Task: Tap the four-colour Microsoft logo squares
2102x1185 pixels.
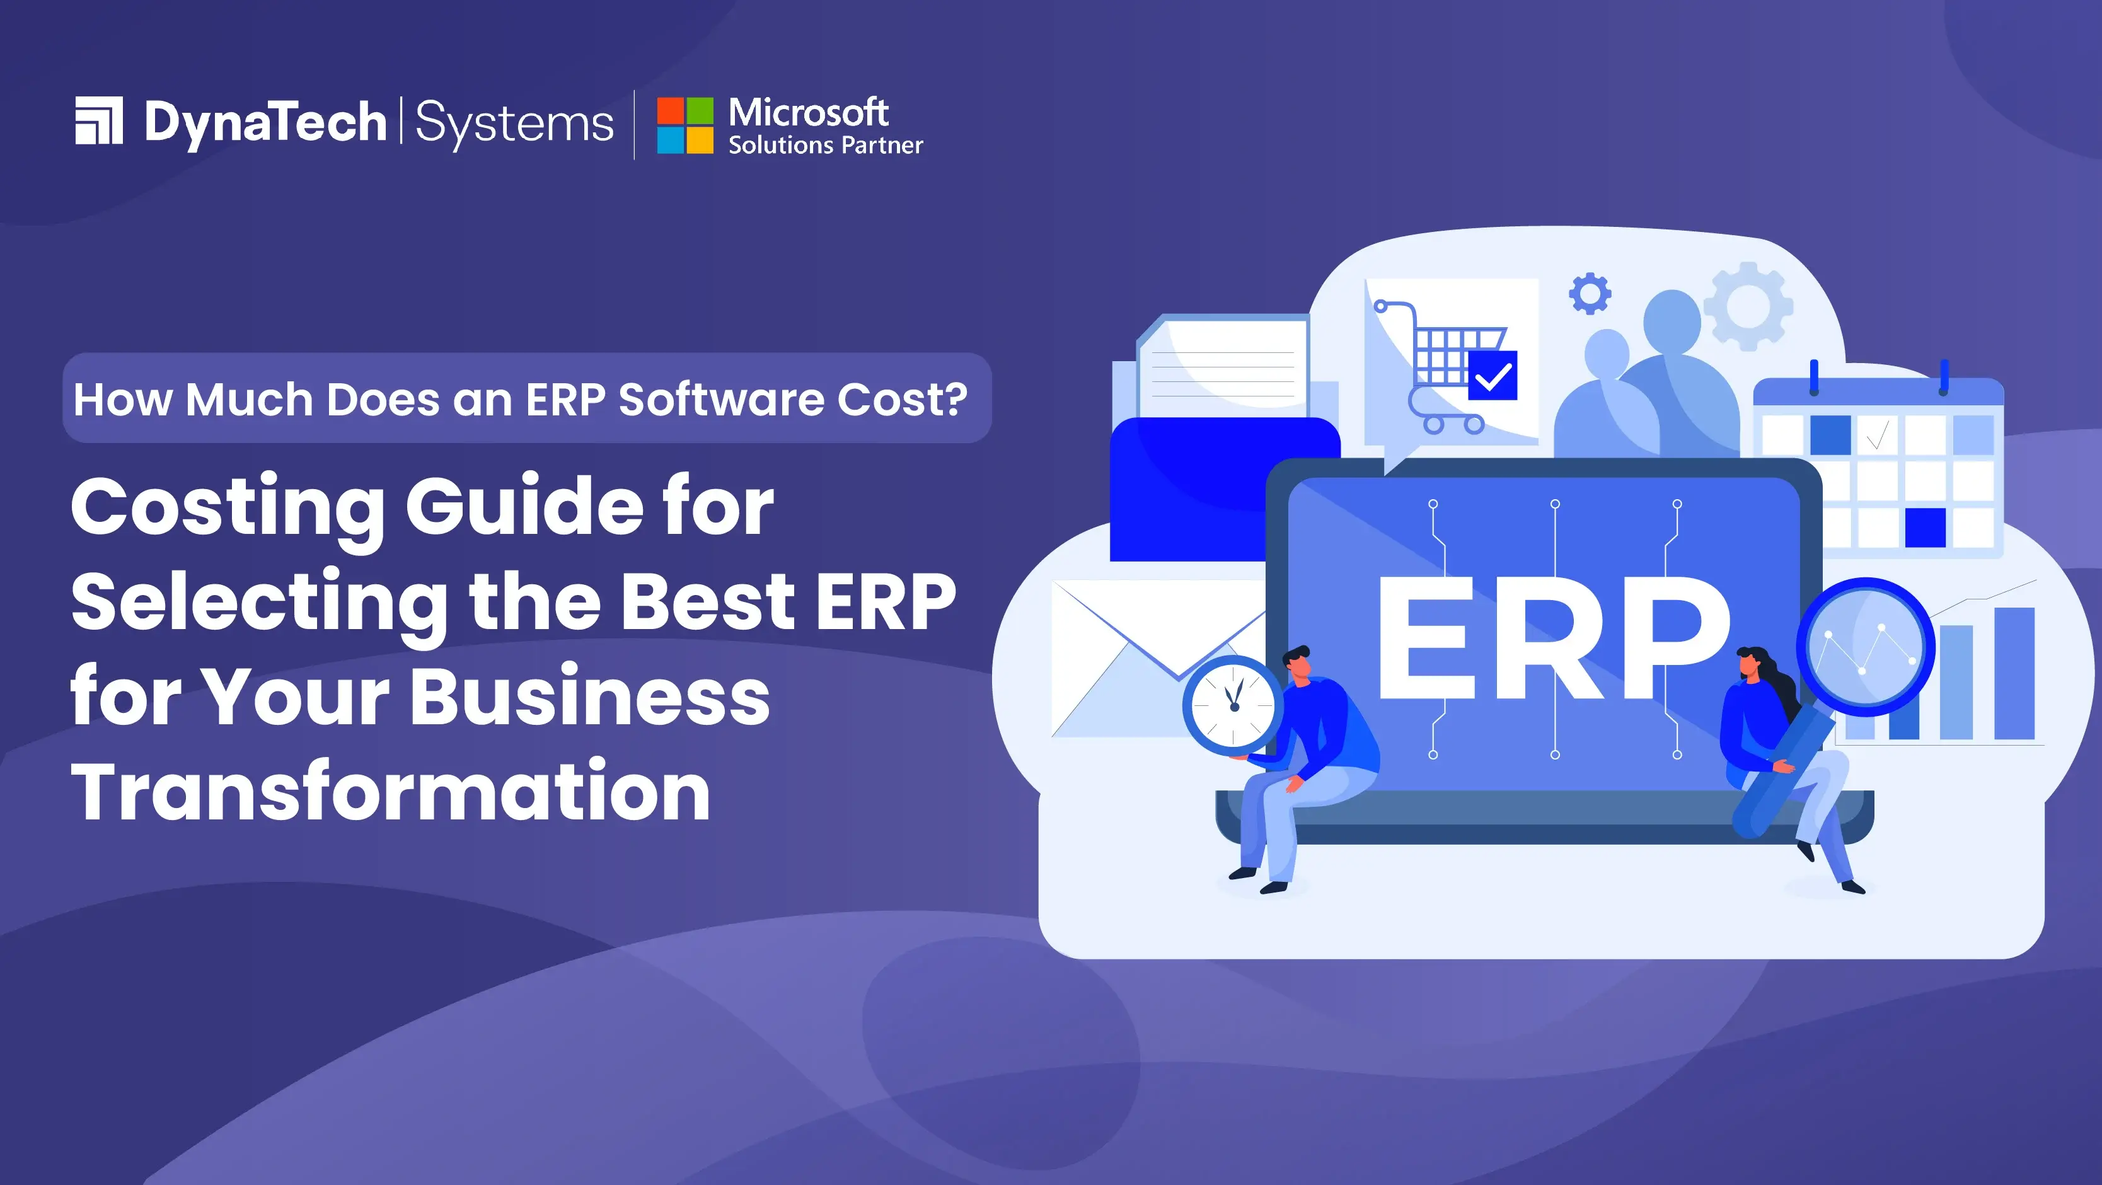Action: click(x=684, y=125)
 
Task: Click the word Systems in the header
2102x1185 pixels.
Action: click(x=514, y=124)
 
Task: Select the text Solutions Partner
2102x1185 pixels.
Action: click(x=825, y=145)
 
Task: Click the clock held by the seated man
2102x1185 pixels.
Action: click(x=1233, y=704)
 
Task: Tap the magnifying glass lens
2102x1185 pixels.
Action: click(x=1866, y=646)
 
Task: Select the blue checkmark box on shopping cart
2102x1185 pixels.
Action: click(x=1492, y=376)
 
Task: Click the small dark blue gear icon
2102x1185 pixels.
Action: click(x=1590, y=294)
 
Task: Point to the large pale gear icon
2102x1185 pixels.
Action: click(x=1748, y=306)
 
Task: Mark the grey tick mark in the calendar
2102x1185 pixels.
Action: click(x=1877, y=434)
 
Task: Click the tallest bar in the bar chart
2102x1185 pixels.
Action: click(x=2014, y=673)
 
